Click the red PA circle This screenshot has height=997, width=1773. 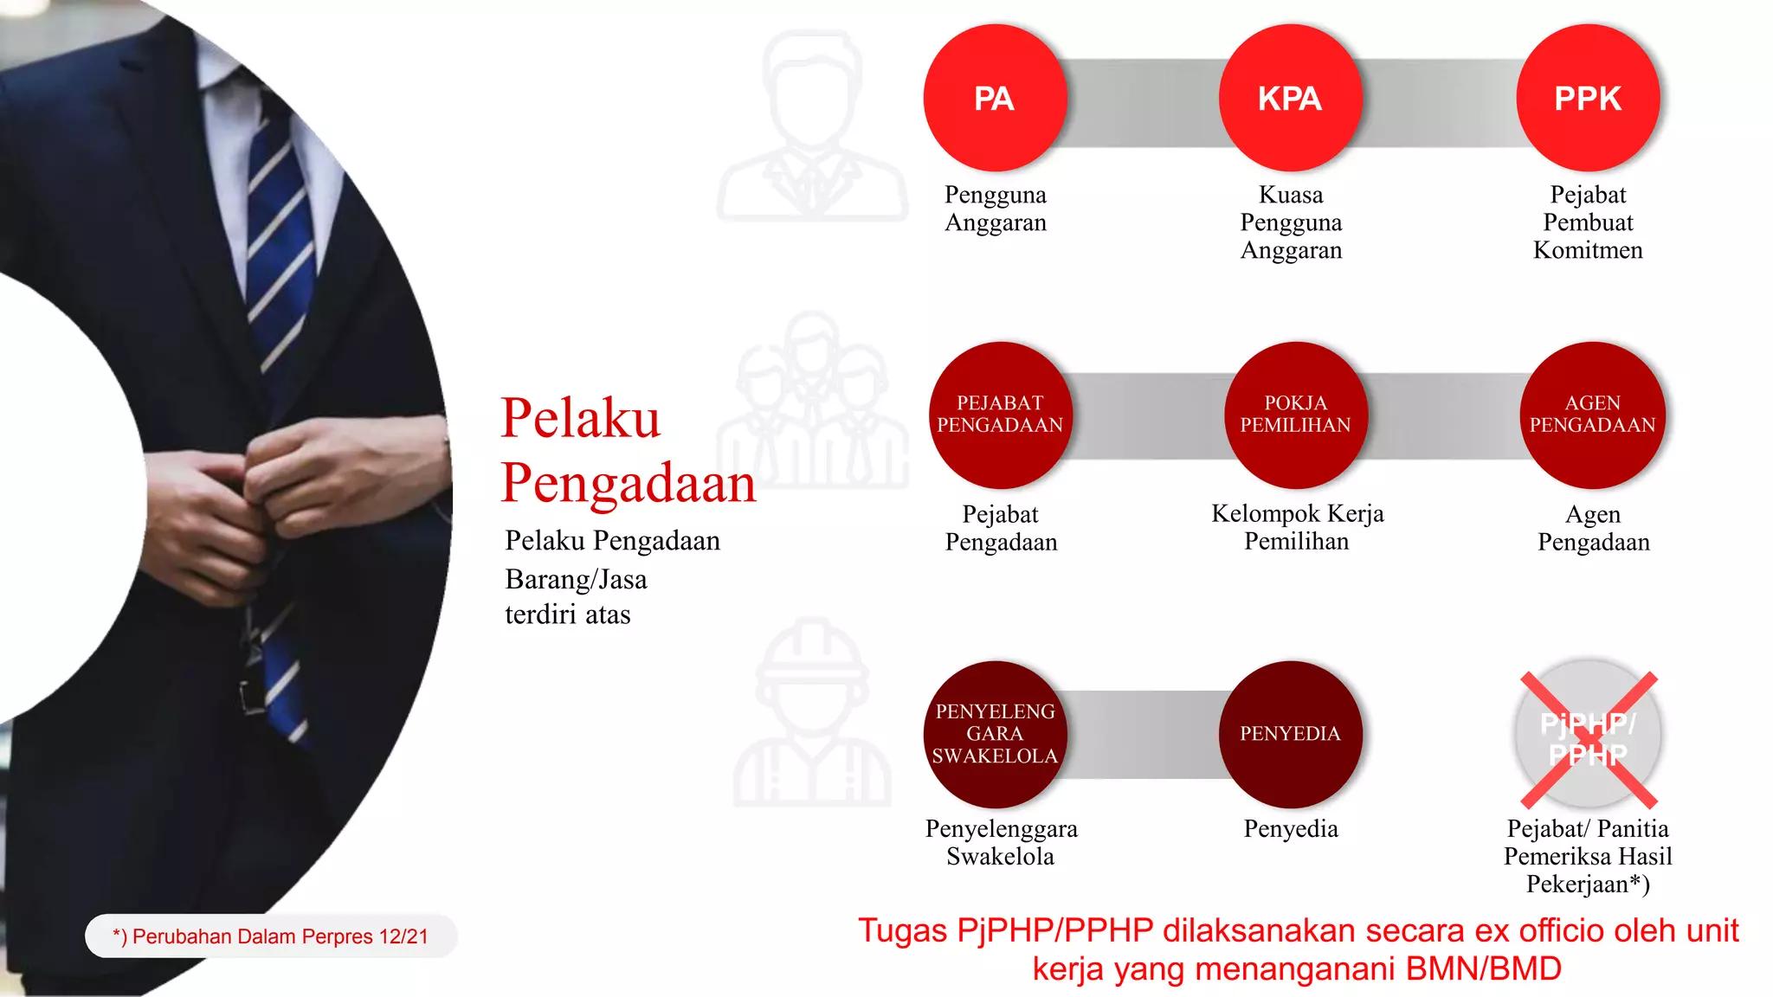pos(994,98)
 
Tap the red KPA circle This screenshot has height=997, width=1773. pos(1290,98)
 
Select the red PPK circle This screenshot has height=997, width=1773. pos(1588,98)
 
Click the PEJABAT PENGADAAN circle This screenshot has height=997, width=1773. pos(1000,415)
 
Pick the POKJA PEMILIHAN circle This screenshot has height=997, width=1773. pos(1296,415)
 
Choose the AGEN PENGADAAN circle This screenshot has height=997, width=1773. pos(1593,415)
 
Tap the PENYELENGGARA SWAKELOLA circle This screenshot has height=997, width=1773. pos(995,734)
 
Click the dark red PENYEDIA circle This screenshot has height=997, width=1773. pos(1290,734)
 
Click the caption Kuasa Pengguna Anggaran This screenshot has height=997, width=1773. pos(1291,222)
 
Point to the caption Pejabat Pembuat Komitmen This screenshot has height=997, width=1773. pos(1588,222)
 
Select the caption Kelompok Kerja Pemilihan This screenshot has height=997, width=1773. pos(1297,527)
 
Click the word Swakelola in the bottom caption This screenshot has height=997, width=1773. pos(1000,857)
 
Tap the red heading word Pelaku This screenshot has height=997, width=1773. pos(580,418)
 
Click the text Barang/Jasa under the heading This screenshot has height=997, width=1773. pos(576,579)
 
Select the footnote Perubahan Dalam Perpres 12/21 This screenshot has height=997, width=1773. pos(271,936)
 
